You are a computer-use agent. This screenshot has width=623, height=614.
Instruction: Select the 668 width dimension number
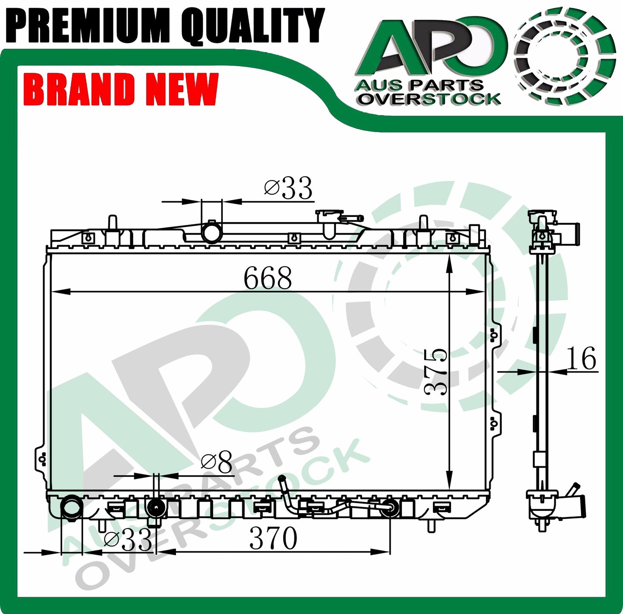pyautogui.click(x=267, y=278)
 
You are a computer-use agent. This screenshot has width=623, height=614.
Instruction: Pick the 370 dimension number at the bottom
pyautogui.click(x=273, y=538)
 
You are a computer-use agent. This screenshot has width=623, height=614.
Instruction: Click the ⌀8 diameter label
pyautogui.click(x=216, y=462)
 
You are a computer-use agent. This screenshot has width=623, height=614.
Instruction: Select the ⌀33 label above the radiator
pyautogui.click(x=288, y=189)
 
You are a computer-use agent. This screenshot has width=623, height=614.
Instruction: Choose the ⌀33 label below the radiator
pyautogui.click(x=128, y=540)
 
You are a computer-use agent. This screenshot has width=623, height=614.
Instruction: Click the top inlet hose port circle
pyautogui.click(x=211, y=233)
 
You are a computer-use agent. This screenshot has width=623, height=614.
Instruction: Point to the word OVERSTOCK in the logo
pyautogui.click(x=429, y=99)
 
